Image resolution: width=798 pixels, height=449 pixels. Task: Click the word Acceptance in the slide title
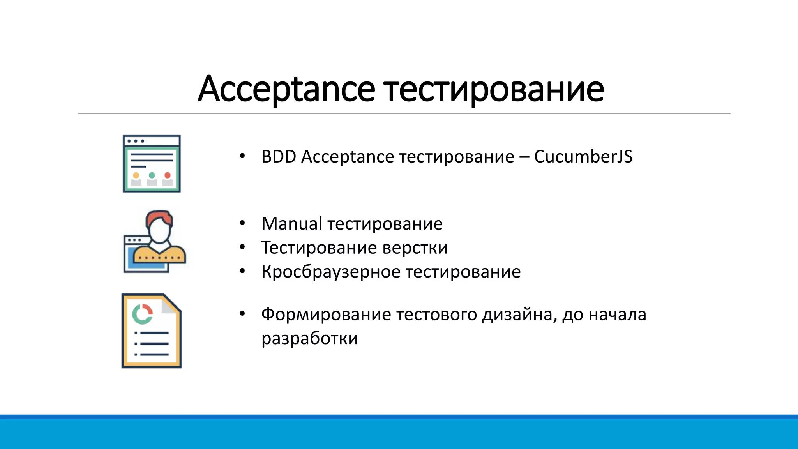pos(286,89)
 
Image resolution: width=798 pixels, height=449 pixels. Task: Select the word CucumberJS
pos(583,157)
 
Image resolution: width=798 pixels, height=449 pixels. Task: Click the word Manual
pos(291,224)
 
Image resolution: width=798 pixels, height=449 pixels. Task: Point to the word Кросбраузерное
pos(331,272)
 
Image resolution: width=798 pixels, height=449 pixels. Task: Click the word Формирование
pos(326,314)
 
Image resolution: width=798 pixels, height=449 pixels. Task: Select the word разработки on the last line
pos(309,338)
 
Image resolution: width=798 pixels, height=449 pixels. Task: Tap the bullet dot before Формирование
pos(242,314)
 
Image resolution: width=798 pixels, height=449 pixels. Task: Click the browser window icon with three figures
pos(152,164)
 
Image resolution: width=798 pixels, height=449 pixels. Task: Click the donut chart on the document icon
pos(142,314)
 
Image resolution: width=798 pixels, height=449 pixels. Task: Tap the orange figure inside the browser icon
pos(136,179)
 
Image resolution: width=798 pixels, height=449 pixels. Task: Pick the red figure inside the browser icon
pos(168,179)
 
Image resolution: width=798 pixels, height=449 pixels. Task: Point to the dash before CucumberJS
pos(524,157)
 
